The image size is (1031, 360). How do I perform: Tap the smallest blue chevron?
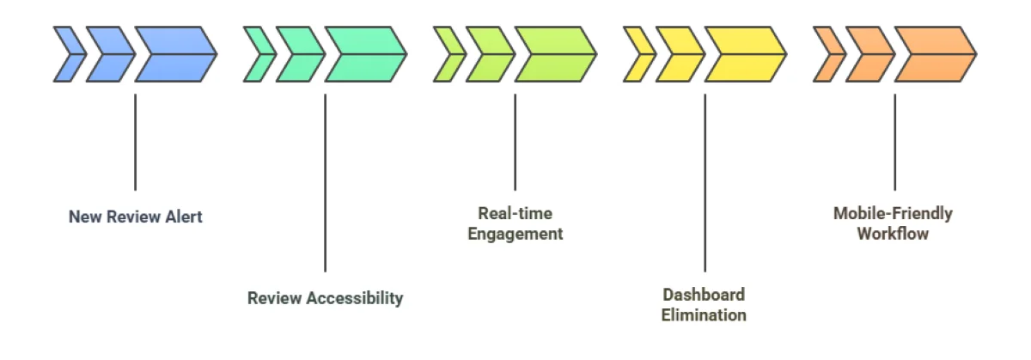[68, 54]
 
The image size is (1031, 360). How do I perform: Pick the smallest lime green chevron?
[448, 54]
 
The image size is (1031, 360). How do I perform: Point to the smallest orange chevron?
[827, 54]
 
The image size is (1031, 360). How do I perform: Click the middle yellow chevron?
[679, 54]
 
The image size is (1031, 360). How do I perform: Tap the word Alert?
[181, 217]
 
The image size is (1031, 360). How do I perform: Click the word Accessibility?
[355, 299]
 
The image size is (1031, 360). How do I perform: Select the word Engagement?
[515, 234]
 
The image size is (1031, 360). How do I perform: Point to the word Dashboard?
[704, 296]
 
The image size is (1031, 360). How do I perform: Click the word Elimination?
[704, 315]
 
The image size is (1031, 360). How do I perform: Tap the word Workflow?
[893, 234]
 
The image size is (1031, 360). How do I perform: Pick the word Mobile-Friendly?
[893, 214]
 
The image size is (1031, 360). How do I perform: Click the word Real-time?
[515, 214]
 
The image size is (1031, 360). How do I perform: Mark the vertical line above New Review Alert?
[135, 142]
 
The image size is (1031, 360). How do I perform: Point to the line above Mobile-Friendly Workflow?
[894, 142]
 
